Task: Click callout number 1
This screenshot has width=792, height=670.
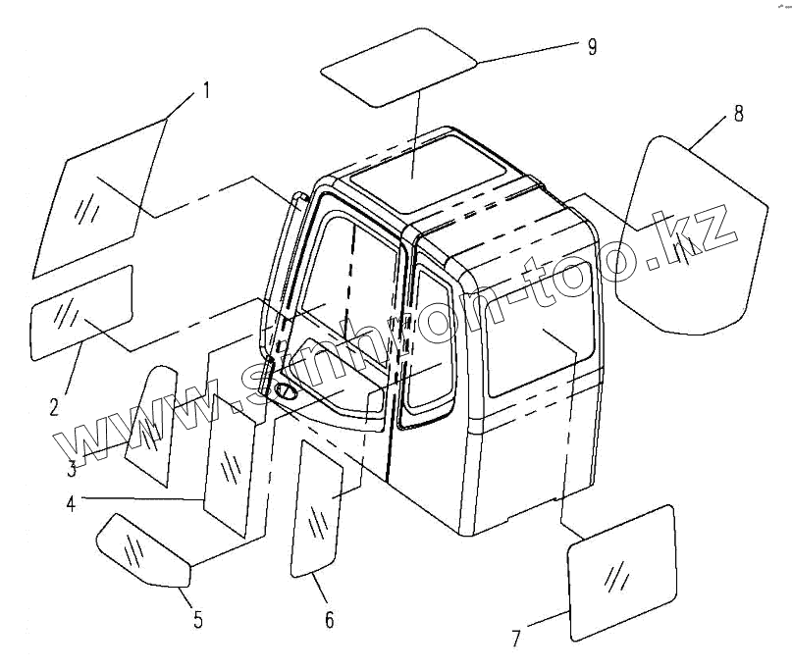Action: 206,91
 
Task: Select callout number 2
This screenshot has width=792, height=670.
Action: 55,403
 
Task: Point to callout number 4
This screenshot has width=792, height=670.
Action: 72,504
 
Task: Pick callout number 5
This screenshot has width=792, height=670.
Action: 197,619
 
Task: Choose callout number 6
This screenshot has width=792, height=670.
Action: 329,619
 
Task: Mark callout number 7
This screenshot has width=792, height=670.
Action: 516,639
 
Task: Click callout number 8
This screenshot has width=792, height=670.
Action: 737,113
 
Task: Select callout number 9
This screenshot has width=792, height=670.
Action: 591,46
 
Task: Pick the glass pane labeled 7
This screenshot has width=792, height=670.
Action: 622,573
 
